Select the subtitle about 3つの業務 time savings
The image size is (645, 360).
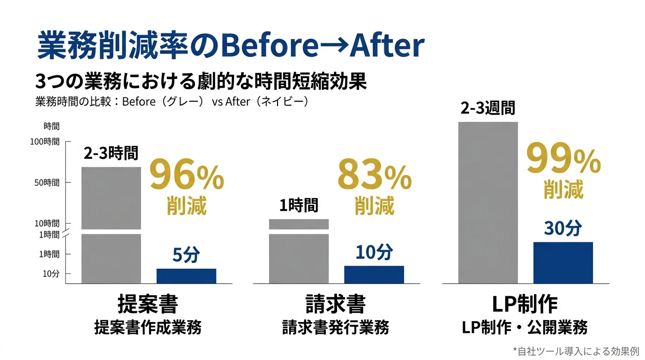pos(201,81)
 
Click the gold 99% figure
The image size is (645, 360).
pos(563,159)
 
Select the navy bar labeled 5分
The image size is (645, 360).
pos(186,276)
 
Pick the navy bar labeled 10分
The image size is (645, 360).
pos(374,275)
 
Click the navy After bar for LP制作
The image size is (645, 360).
pos(563,262)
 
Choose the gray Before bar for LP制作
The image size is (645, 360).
pos(488,202)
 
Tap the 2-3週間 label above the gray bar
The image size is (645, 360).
pos(488,108)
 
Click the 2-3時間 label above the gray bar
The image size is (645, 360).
pos(111,153)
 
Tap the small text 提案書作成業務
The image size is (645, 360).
pos(148,327)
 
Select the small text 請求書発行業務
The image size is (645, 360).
pos(336,327)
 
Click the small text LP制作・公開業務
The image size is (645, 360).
pos(525,327)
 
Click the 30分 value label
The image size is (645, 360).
pos(563,228)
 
